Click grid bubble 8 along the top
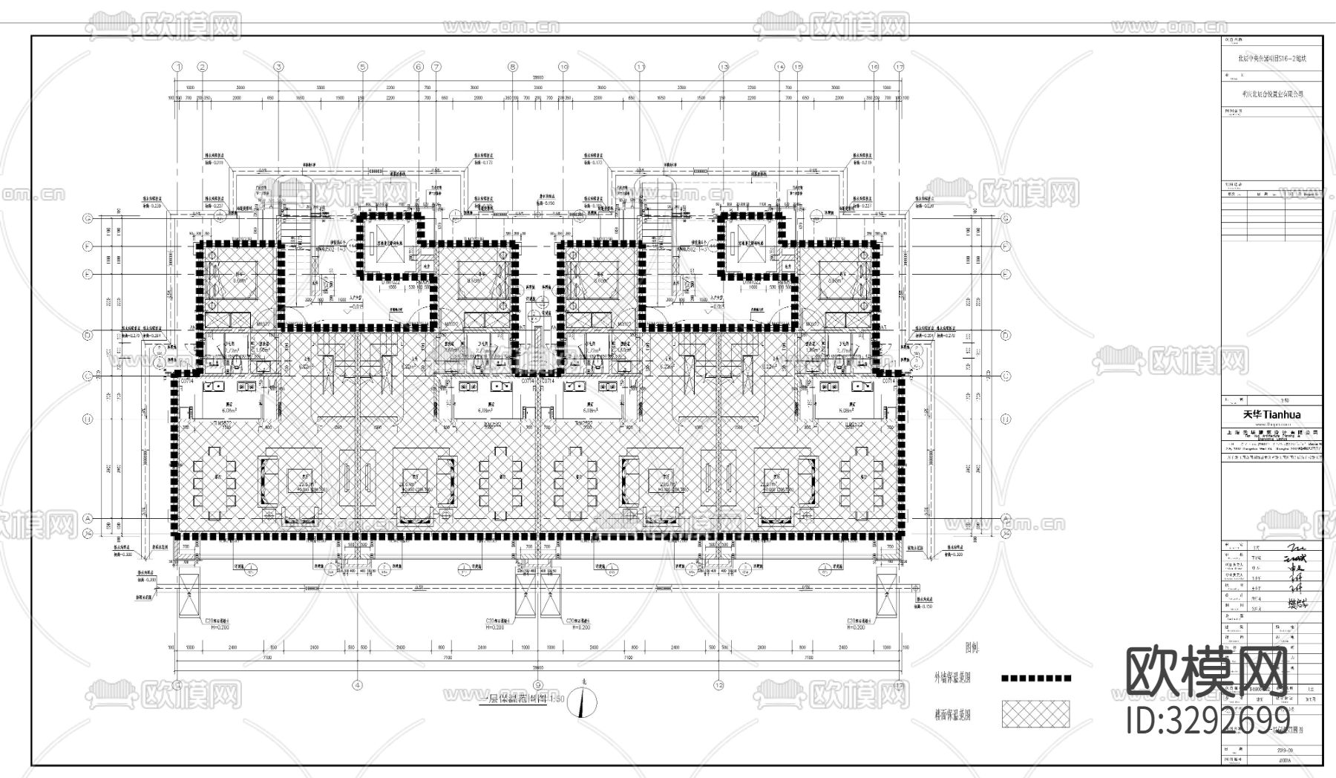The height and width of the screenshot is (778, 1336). (512, 67)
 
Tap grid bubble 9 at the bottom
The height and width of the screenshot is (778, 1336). (537, 684)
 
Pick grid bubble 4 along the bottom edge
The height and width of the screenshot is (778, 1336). (357, 684)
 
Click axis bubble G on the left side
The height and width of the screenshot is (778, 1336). (88, 218)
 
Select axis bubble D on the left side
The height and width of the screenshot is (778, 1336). (88, 335)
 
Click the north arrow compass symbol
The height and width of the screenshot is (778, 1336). (581, 702)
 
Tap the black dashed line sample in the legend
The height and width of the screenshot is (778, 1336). (1036, 678)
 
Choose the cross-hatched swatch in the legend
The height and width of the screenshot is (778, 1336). (1036, 714)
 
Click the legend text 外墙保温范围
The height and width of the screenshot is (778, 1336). (952, 678)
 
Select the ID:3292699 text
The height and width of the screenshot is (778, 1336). (1208, 719)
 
